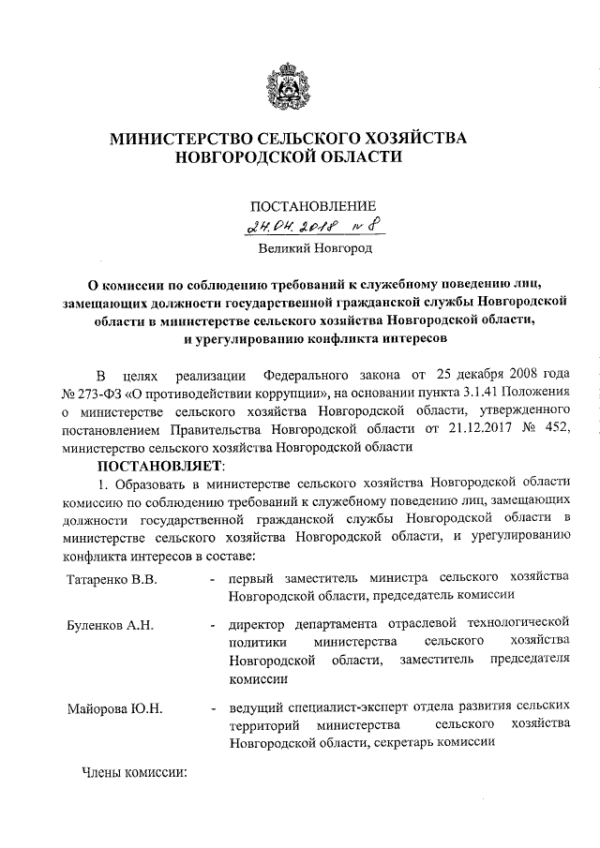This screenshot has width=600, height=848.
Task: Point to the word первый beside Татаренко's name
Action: click(x=252, y=579)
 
